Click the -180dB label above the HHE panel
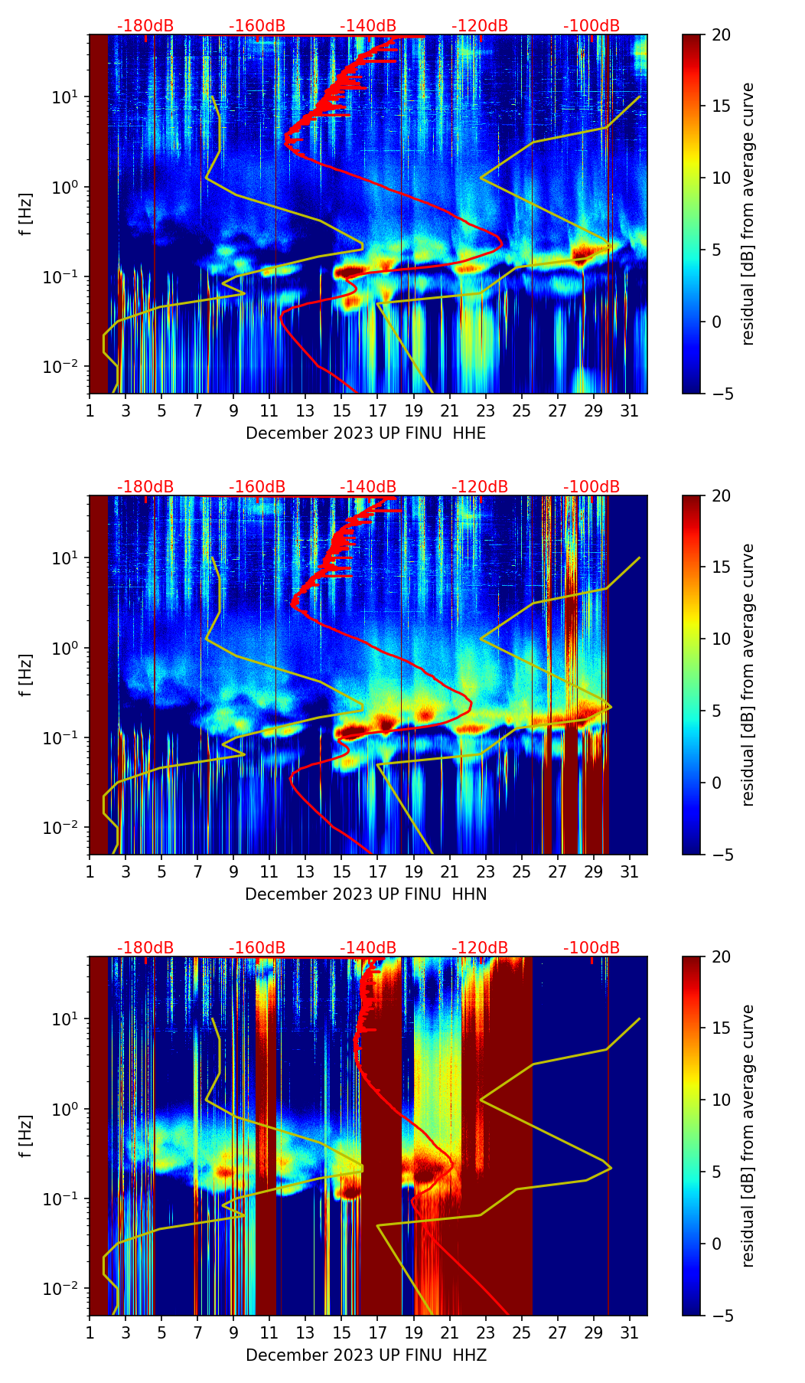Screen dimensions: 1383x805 pos(145,26)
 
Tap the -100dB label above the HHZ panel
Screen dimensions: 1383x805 pos(592,948)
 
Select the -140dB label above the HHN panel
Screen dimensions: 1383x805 pos(368,487)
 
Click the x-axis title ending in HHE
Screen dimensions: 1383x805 pos(366,433)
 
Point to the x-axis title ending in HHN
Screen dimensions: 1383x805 pos(366,894)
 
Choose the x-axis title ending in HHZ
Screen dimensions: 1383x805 pos(366,1355)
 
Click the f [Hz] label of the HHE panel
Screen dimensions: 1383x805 pos(27,214)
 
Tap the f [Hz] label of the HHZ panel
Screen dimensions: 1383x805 pos(27,1136)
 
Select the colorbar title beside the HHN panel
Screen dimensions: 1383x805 pos(748,675)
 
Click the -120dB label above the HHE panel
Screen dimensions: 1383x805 pos(480,26)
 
